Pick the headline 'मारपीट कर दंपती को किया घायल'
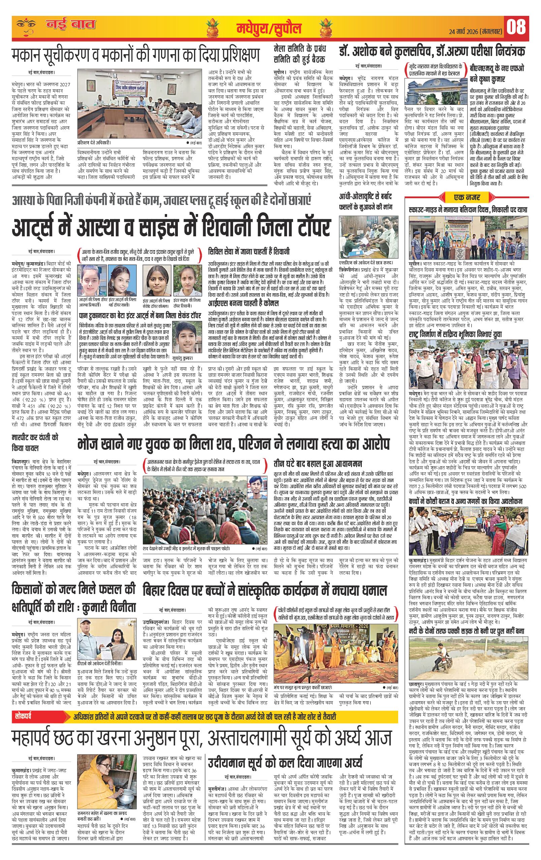tap(35, 443)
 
